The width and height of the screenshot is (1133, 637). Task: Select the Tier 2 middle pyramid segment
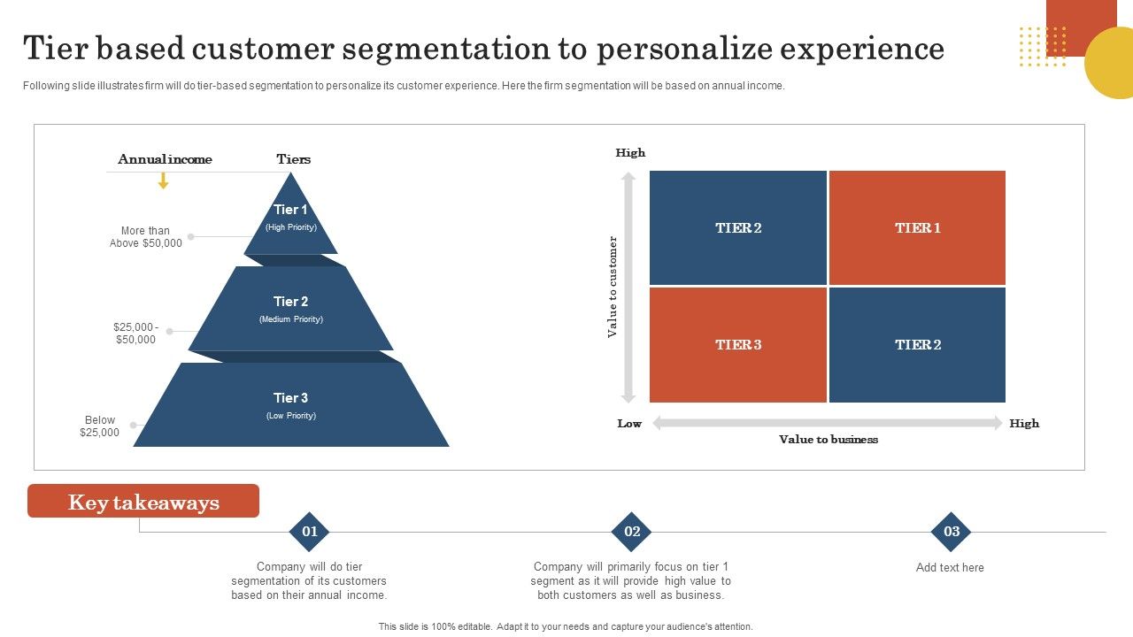coord(290,310)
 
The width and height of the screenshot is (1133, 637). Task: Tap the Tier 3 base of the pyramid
coord(290,405)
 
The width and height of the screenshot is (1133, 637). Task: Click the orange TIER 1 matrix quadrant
coord(917,227)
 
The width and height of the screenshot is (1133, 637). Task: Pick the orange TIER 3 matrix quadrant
coord(738,344)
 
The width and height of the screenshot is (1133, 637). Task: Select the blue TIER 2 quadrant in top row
coord(738,227)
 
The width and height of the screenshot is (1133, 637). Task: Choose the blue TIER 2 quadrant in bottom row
coord(917,344)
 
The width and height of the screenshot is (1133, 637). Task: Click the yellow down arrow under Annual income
coord(163,180)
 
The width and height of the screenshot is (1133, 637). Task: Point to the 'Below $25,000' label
coord(99,426)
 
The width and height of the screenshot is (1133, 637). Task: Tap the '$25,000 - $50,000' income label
coord(135,333)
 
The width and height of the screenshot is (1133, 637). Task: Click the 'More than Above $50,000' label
coord(146,237)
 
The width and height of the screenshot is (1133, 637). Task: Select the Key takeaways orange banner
coord(143,502)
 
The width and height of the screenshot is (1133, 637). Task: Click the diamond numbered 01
coord(310,532)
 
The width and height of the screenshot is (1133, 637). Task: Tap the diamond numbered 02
coord(632,532)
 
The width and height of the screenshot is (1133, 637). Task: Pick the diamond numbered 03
coord(952,532)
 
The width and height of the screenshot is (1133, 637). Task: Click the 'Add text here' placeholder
coord(950,568)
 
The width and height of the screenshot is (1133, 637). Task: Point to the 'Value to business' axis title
coord(828,440)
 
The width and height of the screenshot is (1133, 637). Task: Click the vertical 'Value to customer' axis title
coord(612,287)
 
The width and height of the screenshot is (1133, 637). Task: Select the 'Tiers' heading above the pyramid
coord(293,159)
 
